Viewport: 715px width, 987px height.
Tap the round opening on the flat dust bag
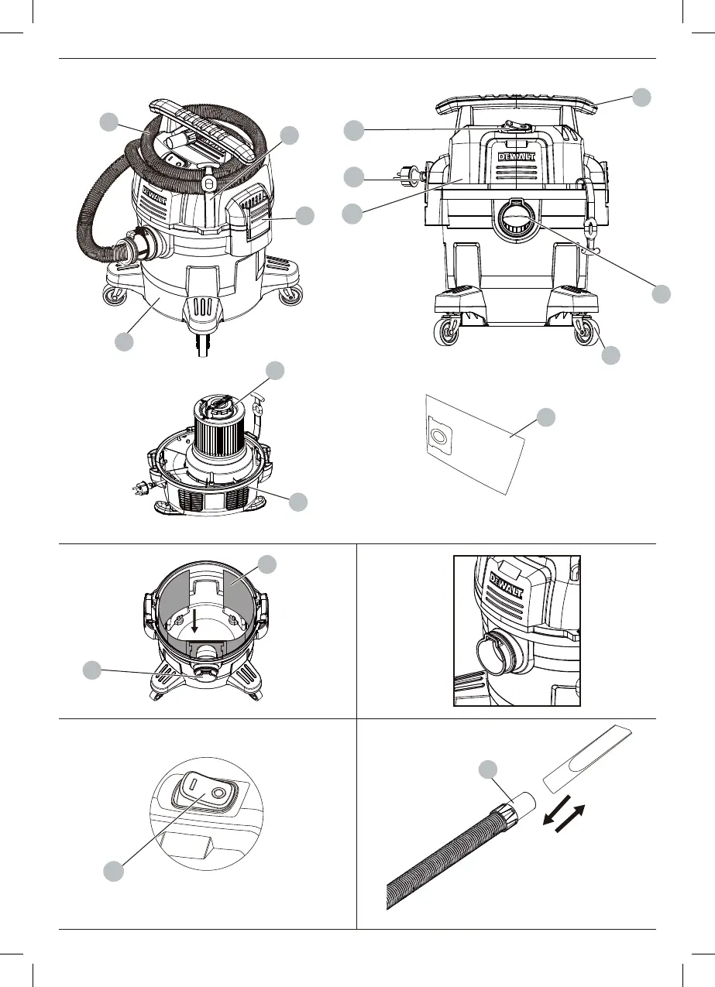pyautogui.click(x=438, y=437)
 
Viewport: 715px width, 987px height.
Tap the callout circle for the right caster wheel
pyautogui.click(x=611, y=355)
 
